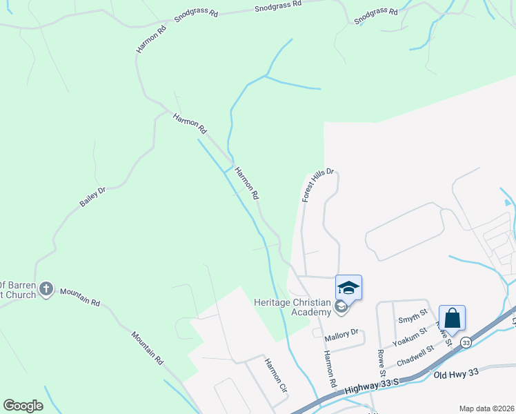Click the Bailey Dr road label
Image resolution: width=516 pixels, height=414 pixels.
92,197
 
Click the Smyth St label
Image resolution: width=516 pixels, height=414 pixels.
413,319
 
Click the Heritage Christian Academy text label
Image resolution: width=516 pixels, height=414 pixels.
292,308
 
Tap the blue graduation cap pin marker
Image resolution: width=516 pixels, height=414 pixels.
348,288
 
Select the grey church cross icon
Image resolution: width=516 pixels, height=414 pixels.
46,288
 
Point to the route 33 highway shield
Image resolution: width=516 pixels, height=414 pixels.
466,342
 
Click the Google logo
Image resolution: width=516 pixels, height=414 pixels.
23,406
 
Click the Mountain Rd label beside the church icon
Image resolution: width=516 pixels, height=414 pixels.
80,297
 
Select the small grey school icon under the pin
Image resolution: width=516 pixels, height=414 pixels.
341,306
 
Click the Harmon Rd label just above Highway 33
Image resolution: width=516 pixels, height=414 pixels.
329,369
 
